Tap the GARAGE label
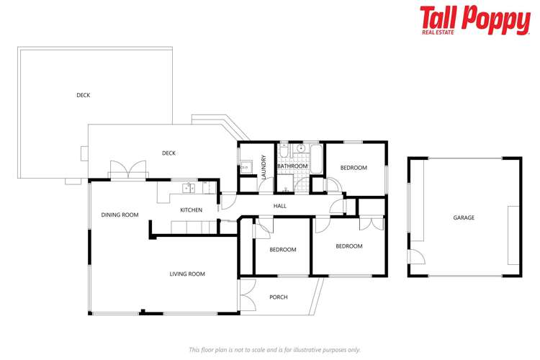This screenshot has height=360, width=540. [x=464, y=217]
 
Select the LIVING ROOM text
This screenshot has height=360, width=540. [x=187, y=274]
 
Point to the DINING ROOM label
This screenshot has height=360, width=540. [x=120, y=215]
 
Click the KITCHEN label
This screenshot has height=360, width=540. [x=191, y=210]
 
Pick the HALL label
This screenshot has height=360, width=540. [x=280, y=206]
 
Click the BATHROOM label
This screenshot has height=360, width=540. [x=293, y=166]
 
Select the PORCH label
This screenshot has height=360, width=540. [x=278, y=297]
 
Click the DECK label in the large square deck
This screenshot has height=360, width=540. [x=84, y=95]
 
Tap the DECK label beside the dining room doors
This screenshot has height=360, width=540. [x=168, y=153]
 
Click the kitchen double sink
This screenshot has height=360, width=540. [x=188, y=188]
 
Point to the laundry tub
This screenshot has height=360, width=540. [x=245, y=167]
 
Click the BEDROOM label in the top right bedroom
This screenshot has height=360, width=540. [x=354, y=168]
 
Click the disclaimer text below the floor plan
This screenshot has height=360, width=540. [x=274, y=349]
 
